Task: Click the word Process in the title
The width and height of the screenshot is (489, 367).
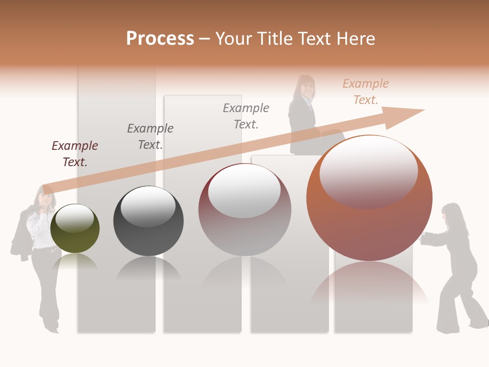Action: point(160,39)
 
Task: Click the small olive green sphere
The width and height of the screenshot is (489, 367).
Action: point(75,229)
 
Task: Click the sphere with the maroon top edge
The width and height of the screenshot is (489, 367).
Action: point(244,209)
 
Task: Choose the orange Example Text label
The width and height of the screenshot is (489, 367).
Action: point(366,92)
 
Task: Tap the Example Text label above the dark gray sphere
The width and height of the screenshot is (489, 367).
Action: point(150,137)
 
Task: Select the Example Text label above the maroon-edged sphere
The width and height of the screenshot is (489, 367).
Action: point(246,116)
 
